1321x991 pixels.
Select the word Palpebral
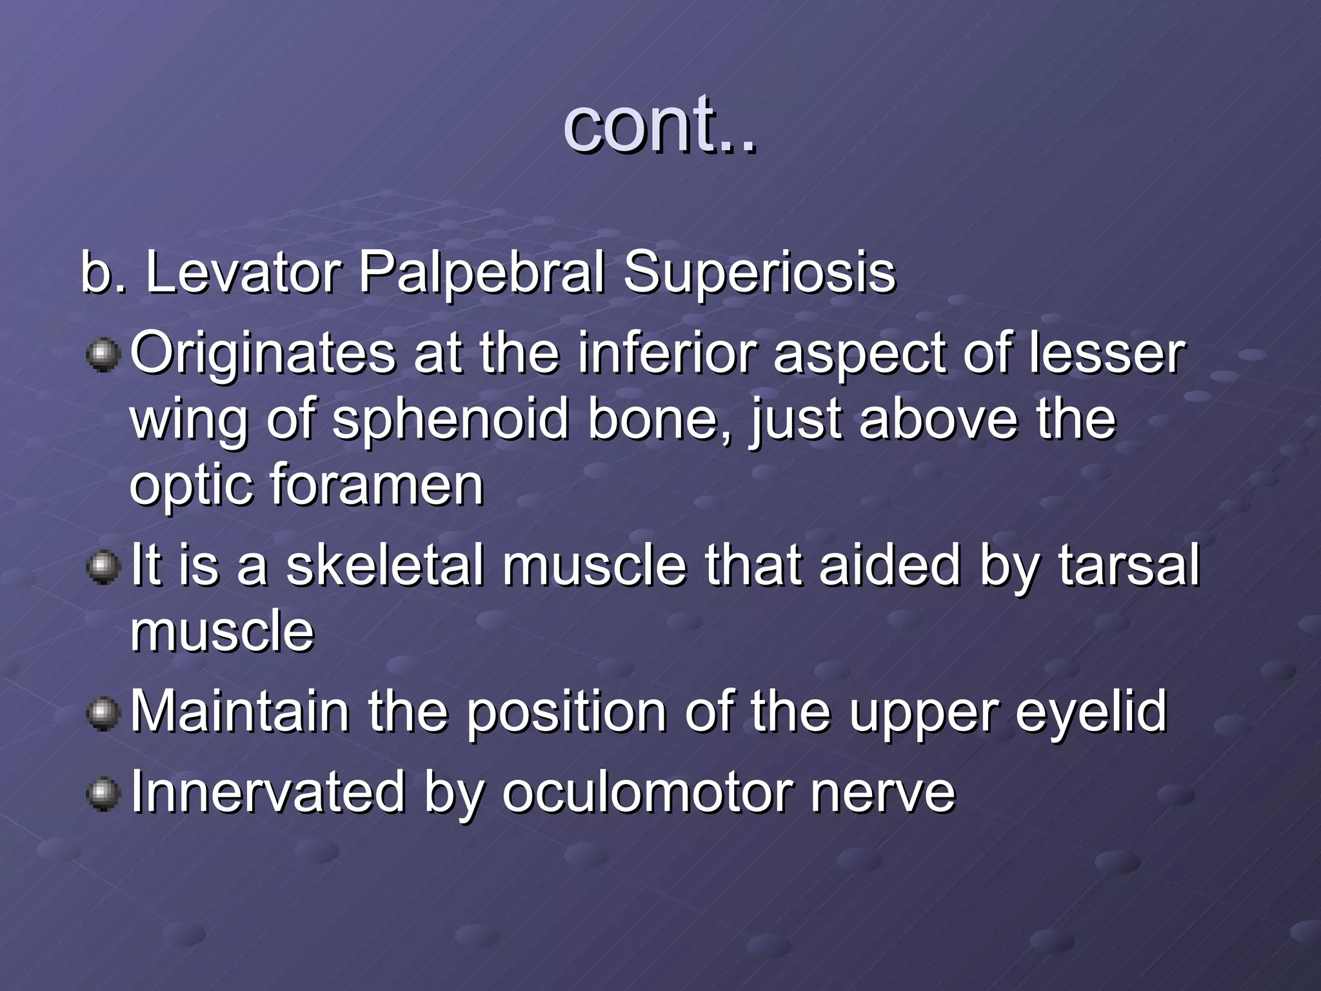[482, 273]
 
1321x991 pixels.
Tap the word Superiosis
[759, 273]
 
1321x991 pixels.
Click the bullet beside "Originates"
[103, 355]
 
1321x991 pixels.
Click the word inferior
[666, 353]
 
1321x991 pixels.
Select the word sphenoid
[450, 419]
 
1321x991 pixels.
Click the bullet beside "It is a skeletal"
[103, 568]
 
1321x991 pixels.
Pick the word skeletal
[384, 565]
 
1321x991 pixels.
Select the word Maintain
[240, 712]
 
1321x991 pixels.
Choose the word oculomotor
[648, 792]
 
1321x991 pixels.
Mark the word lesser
[1107, 353]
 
